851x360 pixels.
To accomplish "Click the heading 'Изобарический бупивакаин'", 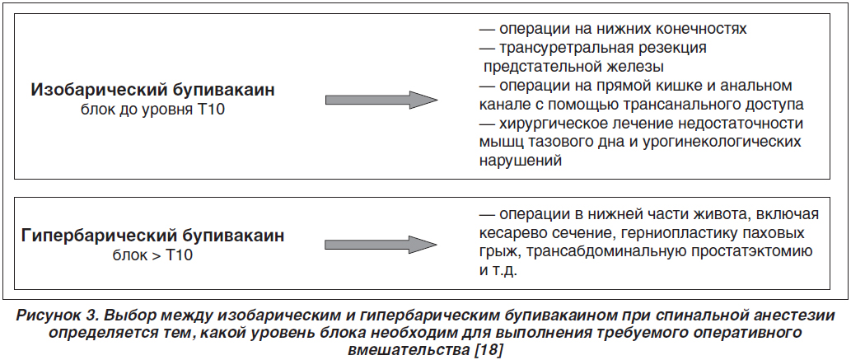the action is point(152,90).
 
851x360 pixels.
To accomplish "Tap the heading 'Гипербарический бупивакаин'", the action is point(153,236).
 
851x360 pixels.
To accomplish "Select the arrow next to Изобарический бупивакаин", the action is point(381,100).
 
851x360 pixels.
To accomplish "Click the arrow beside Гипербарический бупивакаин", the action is point(381,245).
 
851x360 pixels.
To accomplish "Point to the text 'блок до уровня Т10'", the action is point(152,110).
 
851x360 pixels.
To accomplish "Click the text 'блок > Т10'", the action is point(152,255).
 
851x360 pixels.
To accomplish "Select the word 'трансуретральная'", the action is point(567,49).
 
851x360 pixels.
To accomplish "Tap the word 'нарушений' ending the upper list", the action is point(520,161).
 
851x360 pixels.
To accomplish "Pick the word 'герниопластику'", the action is point(670,234).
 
